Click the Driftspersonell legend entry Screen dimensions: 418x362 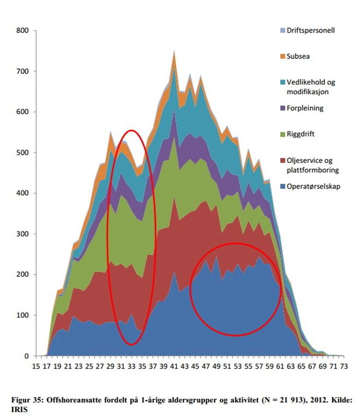303,30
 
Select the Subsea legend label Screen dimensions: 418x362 290,56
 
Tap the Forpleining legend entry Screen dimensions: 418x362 297,108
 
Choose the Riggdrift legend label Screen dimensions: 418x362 292,134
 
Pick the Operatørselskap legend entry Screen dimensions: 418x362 306,186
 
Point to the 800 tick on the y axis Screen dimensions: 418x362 22,31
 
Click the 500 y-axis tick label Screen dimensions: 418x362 22,153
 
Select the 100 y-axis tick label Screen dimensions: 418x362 22,316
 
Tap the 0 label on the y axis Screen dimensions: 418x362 26,356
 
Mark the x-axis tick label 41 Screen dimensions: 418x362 174,367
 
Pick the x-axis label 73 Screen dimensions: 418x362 343,367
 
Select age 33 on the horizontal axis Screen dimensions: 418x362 132,367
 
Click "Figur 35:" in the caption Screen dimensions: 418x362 26,400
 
